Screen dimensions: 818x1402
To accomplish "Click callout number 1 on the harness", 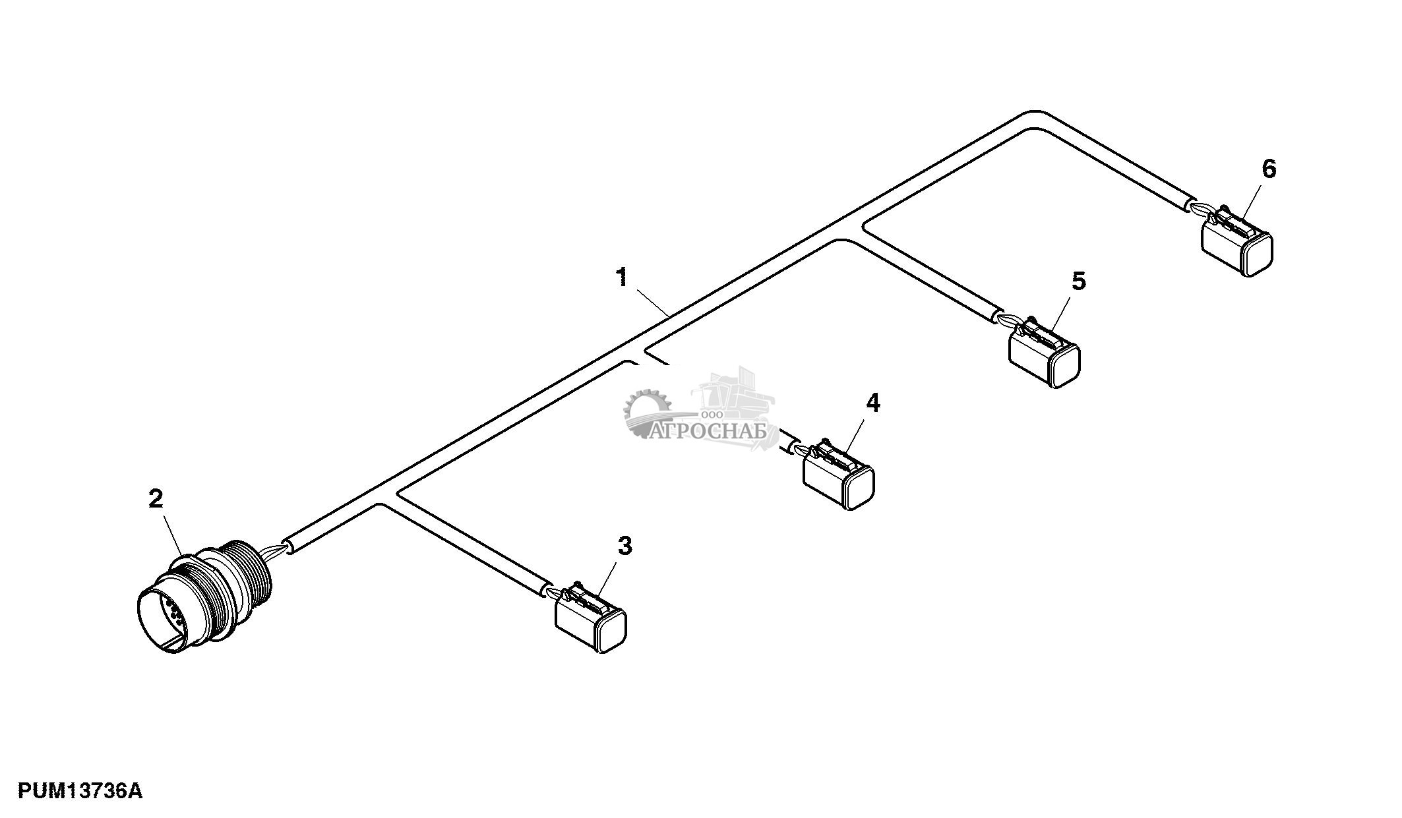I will tap(622, 278).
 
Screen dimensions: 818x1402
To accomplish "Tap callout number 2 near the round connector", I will tap(155, 499).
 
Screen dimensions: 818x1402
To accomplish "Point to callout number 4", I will tap(872, 403).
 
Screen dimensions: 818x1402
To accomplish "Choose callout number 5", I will tap(1078, 281).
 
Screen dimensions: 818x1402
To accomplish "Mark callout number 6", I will tap(1269, 169).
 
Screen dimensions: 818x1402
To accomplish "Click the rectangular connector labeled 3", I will tap(591, 620).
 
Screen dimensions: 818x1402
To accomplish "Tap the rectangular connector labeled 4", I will tap(838, 477).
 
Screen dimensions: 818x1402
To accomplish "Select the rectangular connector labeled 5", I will tap(1045, 356).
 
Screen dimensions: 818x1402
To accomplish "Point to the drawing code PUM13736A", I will tap(80, 790).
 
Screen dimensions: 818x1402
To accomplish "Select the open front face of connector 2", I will tap(162, 623).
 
